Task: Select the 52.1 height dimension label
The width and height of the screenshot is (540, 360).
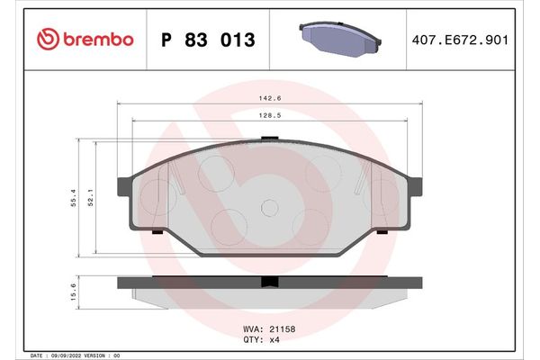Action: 92,197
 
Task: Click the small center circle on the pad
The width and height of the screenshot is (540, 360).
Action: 268,208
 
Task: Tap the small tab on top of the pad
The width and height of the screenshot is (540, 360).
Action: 269,138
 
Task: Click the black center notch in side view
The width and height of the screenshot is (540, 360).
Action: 268,282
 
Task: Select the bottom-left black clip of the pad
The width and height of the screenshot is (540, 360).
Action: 157,233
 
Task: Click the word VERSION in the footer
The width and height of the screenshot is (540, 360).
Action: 95,355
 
